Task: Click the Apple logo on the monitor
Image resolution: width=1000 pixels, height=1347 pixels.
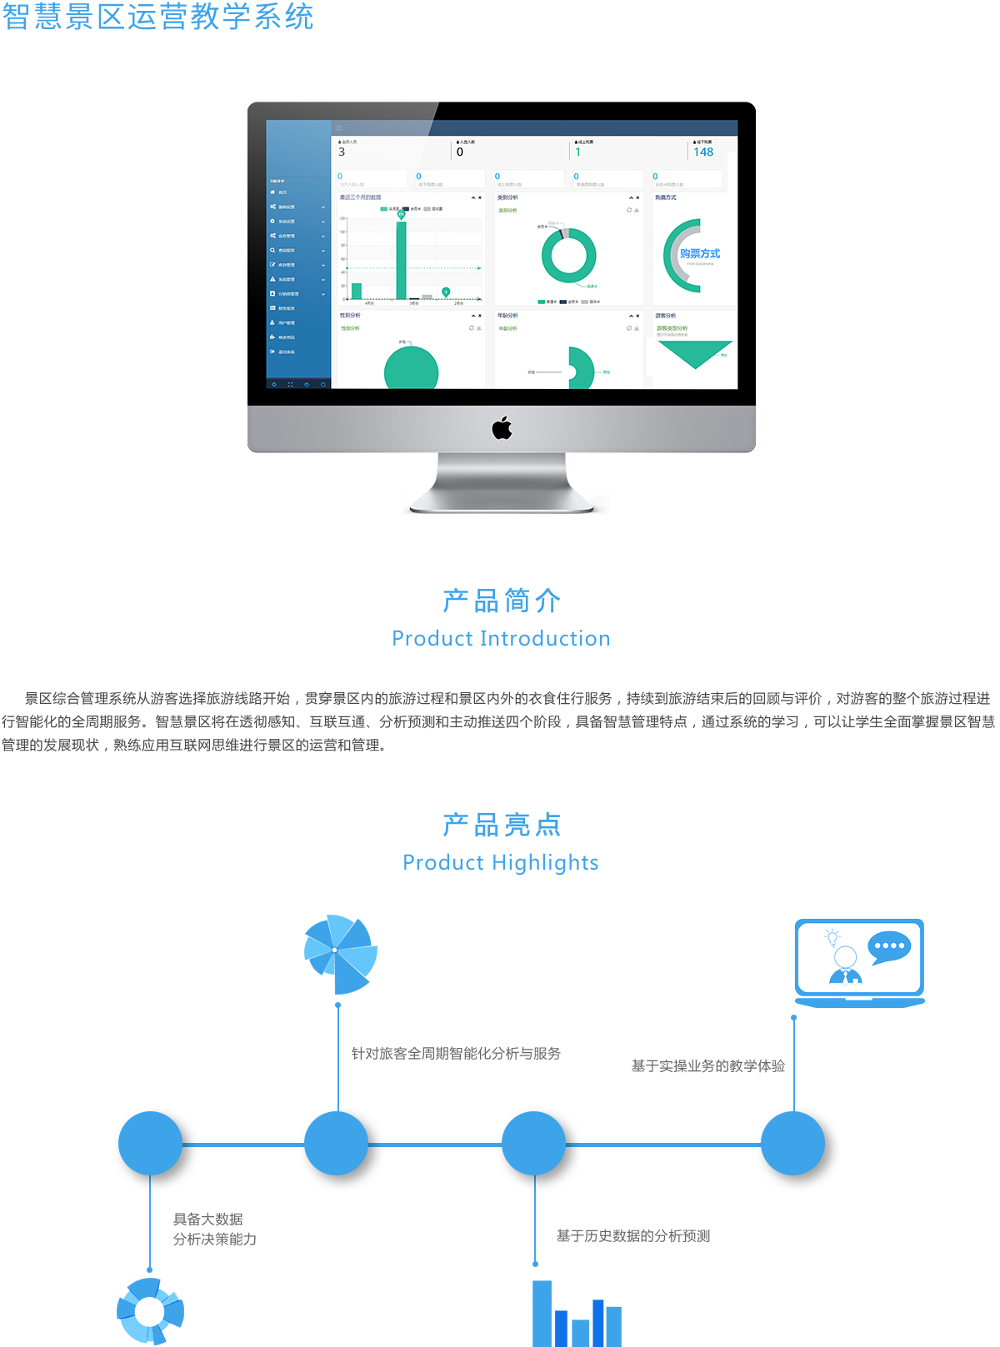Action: pyautogui.click(x=502, y=428)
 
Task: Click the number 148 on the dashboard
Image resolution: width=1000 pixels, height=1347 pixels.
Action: pyautogui.click(x=703, y=152)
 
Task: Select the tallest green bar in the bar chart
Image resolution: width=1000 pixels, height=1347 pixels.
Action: pyautogui.click(x=401, y=260)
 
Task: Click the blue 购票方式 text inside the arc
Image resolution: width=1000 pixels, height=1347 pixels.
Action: pyautogui.click(x=699, y=253)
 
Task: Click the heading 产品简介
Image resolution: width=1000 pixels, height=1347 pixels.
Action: pyautogui.click(x=502, y=600)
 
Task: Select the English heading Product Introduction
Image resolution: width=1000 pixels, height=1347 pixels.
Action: pyautogui.click(x=501, y=639)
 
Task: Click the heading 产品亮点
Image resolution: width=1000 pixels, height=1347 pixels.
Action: pyautogui.click(x=502, y=824)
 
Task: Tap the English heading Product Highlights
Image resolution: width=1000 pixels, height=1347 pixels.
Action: pyautogui.click(x=501, y=863)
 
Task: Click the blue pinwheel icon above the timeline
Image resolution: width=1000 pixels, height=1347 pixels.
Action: pyautogui.click(x=340, y=953)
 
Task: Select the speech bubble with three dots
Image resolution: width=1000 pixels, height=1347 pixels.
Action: pyautogui.click(x=889, y=947)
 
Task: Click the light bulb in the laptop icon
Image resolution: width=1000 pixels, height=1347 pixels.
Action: pyautogui.click(x=832, y=938)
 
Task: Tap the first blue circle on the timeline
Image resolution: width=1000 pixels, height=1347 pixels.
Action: pyautogui.click(x=150, y=1144)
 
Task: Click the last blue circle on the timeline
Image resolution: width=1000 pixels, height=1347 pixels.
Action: pyautogui.click(x=792, y=1144)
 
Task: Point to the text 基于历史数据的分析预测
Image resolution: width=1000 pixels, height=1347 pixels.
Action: pyautogui.click(x=633, y=1236)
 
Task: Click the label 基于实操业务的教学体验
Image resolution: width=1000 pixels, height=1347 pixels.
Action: pyautogui.click(x=708, y=1066)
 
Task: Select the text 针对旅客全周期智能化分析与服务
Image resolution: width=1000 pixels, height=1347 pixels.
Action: pyautogui.click(x=456, y=1054)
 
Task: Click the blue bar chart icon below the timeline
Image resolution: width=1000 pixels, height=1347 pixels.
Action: pyautogui.click(x=577, y=1314)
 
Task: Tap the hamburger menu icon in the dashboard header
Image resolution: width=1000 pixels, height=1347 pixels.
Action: pyautogui.click(x=338, y=128)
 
